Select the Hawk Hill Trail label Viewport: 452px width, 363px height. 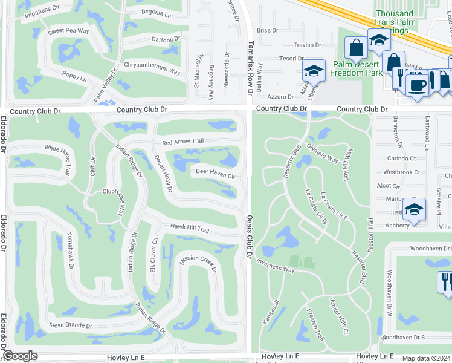(x=189, y=229)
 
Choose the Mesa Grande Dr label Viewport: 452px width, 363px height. (x=71, y=325)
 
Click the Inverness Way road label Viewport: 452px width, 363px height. (x=275, y=266)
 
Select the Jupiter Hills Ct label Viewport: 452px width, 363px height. (x=338, y=315)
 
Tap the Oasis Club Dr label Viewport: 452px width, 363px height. (x=249, y=236)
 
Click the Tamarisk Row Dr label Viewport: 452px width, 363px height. (x=249, y=67)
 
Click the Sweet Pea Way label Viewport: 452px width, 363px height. (x=68, y=30)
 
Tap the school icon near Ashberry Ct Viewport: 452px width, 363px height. (x=414, y=209)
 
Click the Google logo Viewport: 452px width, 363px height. (x=20, y=356)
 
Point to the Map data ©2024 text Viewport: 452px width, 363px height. (x=427, y=358)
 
